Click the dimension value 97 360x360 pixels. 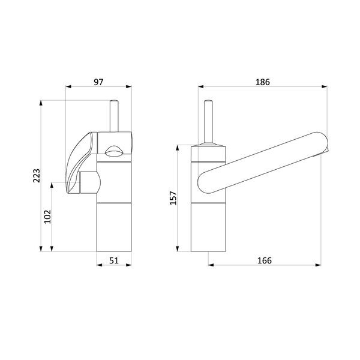click(x=98, y=82)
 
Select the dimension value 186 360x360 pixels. click(x=263, y=82)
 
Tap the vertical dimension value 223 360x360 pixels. click(x=37, y=176)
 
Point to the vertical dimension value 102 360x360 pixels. click(x=47, y=217)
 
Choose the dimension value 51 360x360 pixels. click(x=114, y=260)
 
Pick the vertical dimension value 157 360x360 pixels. click(x=173, y=198)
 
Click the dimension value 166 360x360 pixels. click(x=265, y=260)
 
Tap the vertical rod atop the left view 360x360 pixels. click(x=114, y=116)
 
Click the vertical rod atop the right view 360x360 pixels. click(x=208, y=122)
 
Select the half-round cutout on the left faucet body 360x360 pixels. click(x=114, y=151)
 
